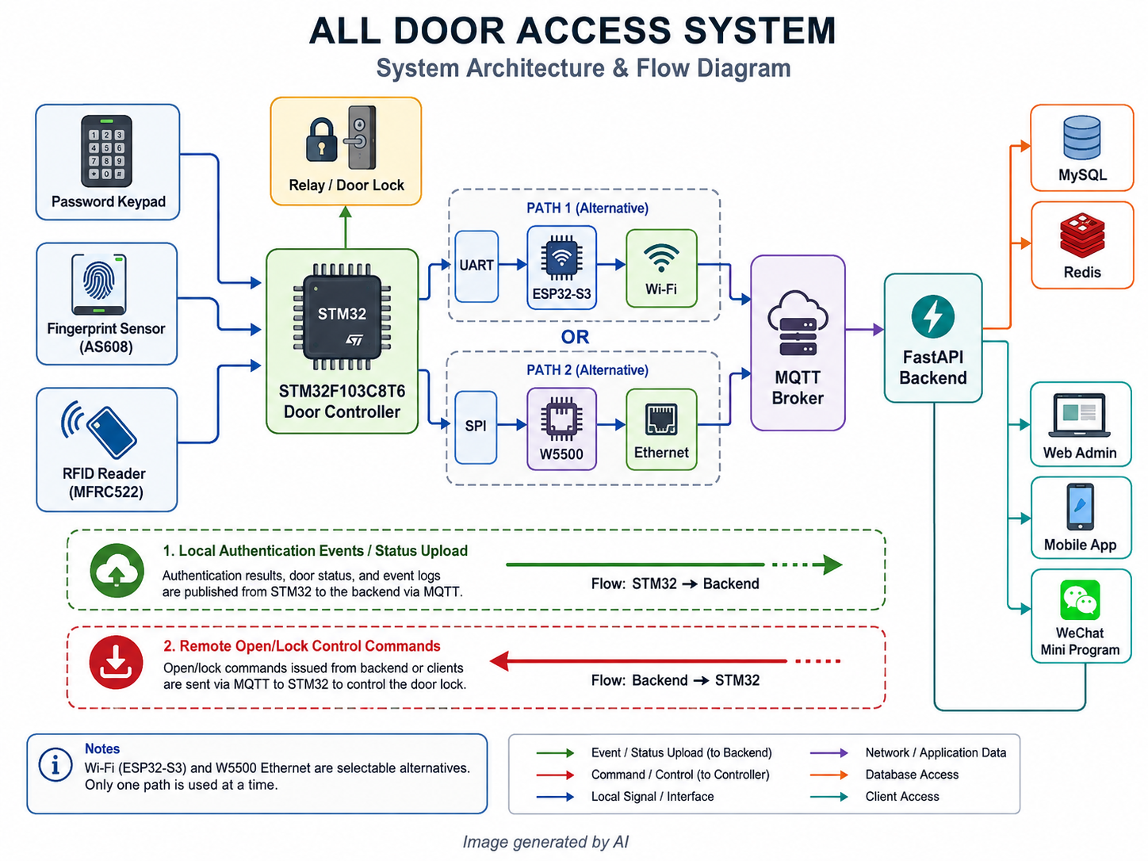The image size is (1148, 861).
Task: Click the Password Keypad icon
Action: point(106,151)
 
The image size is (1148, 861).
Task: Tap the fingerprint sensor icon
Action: point(99,284)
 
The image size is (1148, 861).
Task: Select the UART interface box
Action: point(476,266)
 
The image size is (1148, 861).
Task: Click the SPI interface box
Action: point(476,427)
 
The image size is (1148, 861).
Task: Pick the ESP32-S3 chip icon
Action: point(561,258)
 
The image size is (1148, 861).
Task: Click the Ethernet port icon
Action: point(661,419)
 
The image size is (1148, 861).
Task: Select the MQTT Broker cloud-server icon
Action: point(798,323)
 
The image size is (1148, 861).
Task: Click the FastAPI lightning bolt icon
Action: point(932,316)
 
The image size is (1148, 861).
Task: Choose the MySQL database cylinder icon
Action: point(1081,137)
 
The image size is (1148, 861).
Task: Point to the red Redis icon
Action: point(1082,235)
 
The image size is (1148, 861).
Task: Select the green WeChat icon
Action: point(1080,599)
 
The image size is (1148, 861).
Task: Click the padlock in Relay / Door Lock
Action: point(321,139)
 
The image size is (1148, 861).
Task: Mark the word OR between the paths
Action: point(575,337)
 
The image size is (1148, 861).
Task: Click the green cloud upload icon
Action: point(117,570)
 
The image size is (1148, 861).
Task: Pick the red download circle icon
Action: point(116,662)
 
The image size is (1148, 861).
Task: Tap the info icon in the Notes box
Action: point(55,765)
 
